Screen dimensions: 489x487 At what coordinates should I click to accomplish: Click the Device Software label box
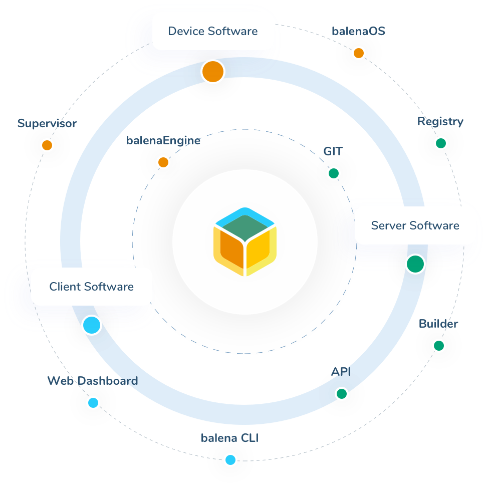click(x=213, y=31)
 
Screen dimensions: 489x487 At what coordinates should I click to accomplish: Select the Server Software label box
click(x=415, y=225)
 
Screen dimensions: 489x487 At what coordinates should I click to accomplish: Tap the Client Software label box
click(x=91, y=287)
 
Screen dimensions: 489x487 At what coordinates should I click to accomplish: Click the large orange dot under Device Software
click(x=213, y=72)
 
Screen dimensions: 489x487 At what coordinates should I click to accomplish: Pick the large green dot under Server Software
click(x=415, y=264)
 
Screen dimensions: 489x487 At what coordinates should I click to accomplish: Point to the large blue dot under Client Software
click(x=92, y=325)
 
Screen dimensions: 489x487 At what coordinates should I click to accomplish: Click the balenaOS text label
click(x=358, y=31)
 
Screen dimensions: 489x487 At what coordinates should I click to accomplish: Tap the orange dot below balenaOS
click(x=358, y=53)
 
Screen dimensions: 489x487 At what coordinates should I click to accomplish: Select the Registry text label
click(x=440, y=121)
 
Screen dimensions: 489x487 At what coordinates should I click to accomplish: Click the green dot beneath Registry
click(x=441, y=143)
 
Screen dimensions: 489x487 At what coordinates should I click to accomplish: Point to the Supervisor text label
click(x=47, y=123)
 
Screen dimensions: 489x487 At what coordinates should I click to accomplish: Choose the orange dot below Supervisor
click(x=47, y=145)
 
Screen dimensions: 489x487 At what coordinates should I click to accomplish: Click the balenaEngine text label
click(x=163, y=140)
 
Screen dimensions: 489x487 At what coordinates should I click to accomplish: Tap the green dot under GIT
click(x=333, y=173)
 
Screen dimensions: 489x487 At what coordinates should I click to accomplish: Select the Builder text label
click(x=438, y=324)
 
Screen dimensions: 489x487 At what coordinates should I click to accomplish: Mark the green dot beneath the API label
click(x=341, y=394)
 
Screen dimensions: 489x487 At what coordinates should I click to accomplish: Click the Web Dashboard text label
click(x=93, y=381)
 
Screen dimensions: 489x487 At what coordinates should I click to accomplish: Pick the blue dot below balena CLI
click(x=230, y=459)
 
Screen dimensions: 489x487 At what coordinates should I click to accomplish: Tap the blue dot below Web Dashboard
click(x=93, y=403)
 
